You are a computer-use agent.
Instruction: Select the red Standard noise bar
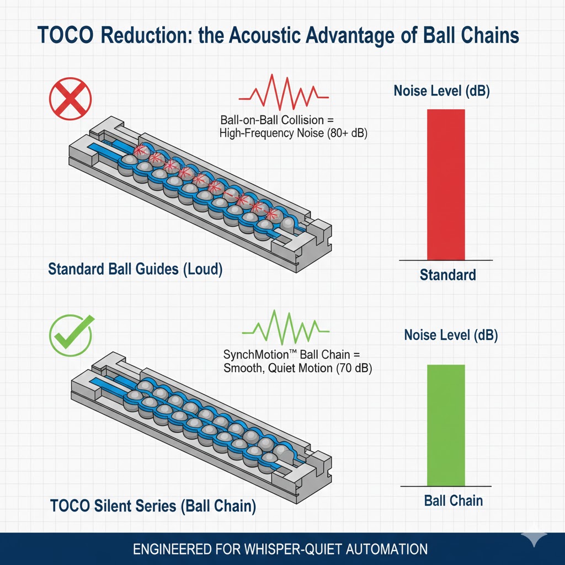446,184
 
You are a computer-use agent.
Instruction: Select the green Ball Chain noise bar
446,425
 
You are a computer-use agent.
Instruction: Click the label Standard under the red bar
447,274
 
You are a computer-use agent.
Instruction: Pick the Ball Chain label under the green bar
454,501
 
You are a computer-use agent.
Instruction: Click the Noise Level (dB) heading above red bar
441,92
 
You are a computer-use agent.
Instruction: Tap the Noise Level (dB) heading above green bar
451,335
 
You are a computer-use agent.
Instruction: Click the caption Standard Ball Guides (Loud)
135,270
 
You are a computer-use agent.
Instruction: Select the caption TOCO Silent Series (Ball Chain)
153,506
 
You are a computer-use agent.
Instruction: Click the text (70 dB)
354,369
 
